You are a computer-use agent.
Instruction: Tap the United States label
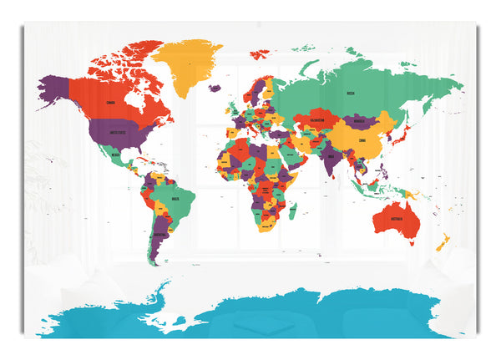point(116,131)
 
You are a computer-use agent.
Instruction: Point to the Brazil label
point(175,200)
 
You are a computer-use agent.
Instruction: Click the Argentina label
point(159,235)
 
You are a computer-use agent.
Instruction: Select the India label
point(331,155)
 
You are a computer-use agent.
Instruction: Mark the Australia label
point(396,218)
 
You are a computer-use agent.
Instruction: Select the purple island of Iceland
point(215,88)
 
